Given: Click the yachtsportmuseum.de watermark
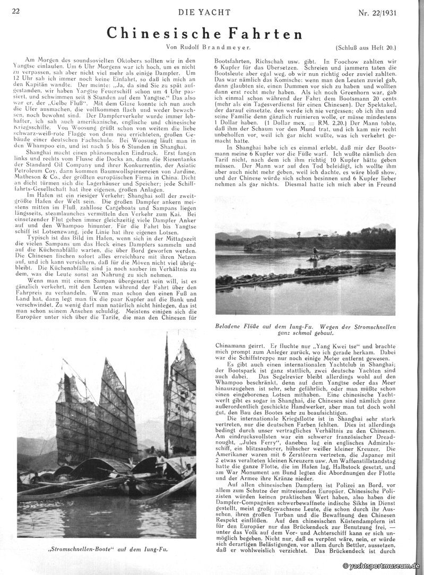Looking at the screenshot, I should point(382,567).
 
